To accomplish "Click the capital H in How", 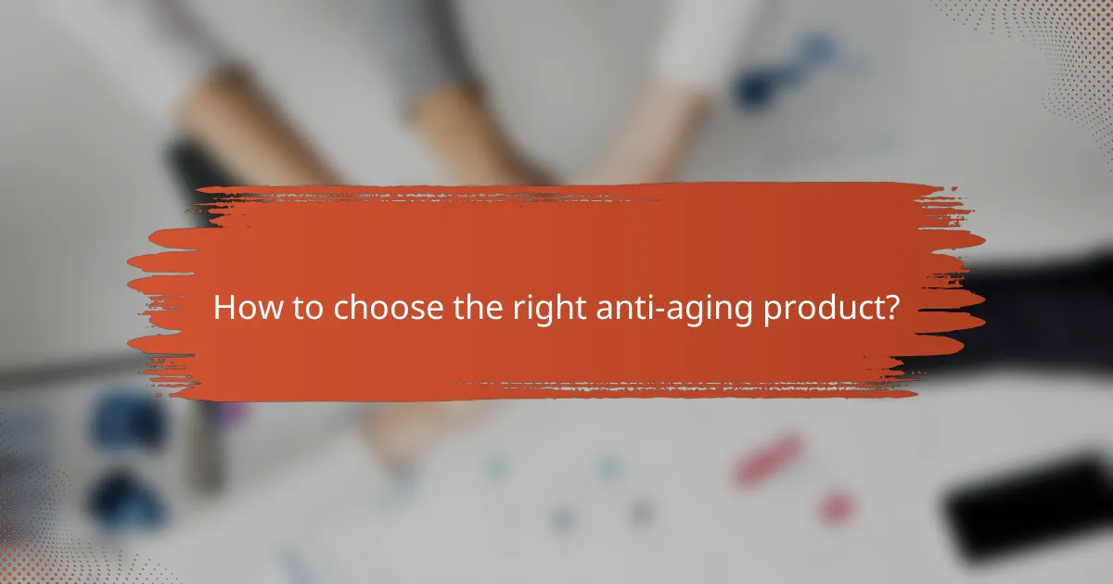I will (224, 309).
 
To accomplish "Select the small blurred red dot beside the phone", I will (838, 507).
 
